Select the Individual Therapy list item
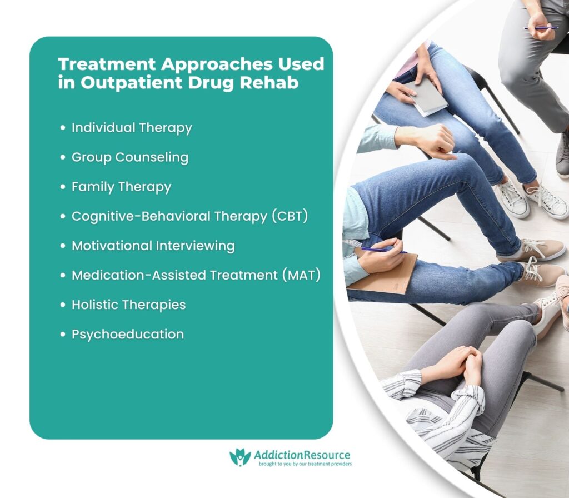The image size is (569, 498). coord(132,128)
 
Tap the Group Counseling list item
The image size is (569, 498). coord(130,157)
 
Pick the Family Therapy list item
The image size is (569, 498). coord(121,187)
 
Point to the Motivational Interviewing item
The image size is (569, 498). coord(153,246)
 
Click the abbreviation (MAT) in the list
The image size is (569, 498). coord(301,275)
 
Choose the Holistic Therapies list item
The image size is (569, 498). coord(128,305)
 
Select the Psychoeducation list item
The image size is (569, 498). coord(127,334)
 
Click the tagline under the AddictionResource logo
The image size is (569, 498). coord(303,464)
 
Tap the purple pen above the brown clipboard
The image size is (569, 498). coord(383,251)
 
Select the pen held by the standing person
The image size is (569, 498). coord(540,27)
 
